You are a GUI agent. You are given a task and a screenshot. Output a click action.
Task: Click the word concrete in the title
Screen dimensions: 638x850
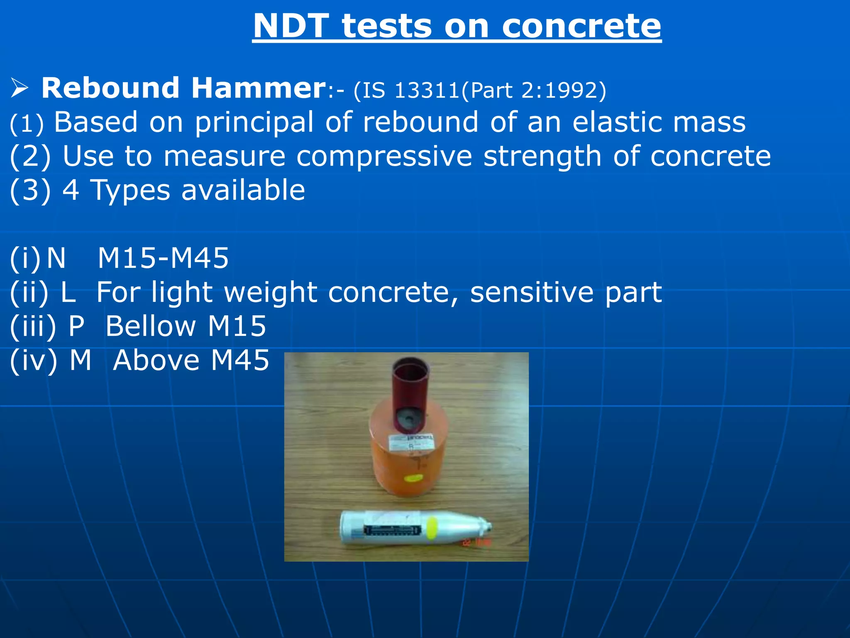[581, 26]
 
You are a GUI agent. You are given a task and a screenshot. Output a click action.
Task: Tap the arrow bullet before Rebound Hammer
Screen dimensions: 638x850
[19, 88]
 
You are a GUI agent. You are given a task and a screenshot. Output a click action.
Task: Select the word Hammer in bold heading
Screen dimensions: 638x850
[258, 88]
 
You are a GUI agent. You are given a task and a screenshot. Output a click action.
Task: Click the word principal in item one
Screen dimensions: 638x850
[254, 123]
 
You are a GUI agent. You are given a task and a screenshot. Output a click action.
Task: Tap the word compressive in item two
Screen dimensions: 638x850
[384, 157]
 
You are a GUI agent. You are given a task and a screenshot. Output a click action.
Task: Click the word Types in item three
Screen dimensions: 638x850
[130, 190]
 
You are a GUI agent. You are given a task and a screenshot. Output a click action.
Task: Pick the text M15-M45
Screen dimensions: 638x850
[163, 258]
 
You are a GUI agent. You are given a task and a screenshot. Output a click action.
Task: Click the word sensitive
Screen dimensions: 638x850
[532, 292]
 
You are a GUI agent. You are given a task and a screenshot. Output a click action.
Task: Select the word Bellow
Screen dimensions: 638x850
[150, 326]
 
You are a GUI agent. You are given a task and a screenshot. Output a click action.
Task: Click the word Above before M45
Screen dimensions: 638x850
[156, 360]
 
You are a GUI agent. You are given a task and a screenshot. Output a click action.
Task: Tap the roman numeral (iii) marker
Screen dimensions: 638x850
[32, 326]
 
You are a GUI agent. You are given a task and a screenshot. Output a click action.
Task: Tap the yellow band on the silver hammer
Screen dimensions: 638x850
[432, 528]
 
